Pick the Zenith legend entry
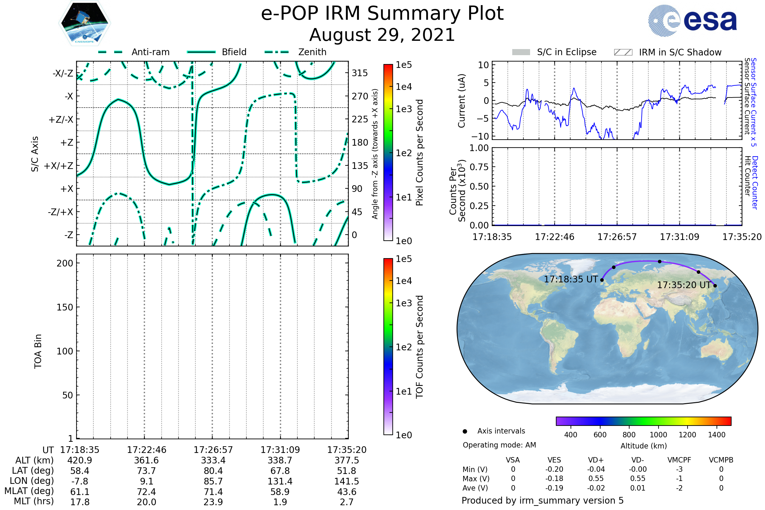click(295, 52)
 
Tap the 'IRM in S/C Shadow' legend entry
click(667, 52)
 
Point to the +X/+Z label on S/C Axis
click(59, 166)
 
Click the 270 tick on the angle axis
click(360, 96)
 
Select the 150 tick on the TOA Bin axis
click(65, 307)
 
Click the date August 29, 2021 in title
click(382, 35)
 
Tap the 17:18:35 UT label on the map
click(571, 280)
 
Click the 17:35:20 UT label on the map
click(684, 285)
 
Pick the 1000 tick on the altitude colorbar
click(658, 435)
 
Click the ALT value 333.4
click(213, 461)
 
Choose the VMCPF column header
click(679, 460)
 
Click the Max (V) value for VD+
click(596, 479)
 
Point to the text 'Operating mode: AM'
click(499, 445)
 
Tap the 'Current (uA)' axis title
click(462, 101)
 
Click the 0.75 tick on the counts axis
click(479, 167)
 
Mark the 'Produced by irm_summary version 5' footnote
click(543, 500)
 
